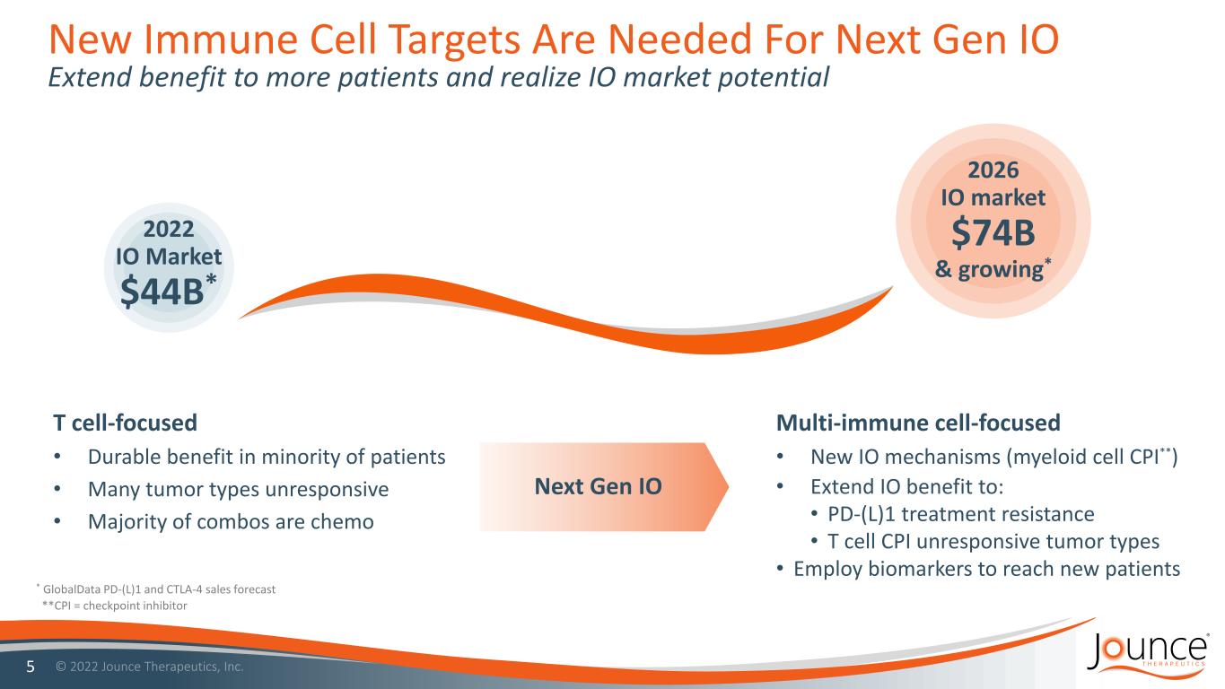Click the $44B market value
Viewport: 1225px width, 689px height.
click(162, 291)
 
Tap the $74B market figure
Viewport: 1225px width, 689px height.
click(993, 231)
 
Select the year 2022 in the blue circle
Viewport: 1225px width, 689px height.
click(169, 229)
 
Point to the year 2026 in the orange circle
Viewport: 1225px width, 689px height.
click(993, 170)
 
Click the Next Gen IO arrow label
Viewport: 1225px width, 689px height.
click(599, 486)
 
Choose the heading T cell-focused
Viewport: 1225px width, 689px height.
click(126, 423)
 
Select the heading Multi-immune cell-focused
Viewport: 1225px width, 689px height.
click(918, 423)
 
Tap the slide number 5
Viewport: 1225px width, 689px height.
click(31, 667)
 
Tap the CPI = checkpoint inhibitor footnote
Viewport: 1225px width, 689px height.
click(115, 606)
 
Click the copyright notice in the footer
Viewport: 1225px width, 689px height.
click(149, 667)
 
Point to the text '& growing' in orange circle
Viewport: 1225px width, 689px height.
click(989, 269)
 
